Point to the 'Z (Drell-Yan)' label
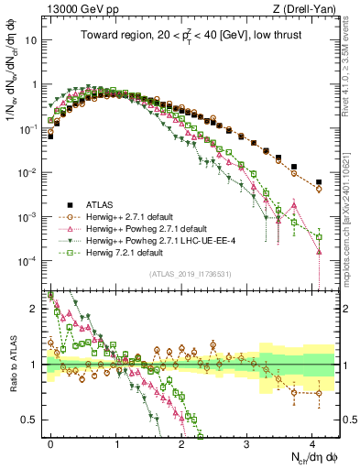pyautogui.click(x=304, y=9)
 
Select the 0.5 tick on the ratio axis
pyautogui.click(x=30, y=420)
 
